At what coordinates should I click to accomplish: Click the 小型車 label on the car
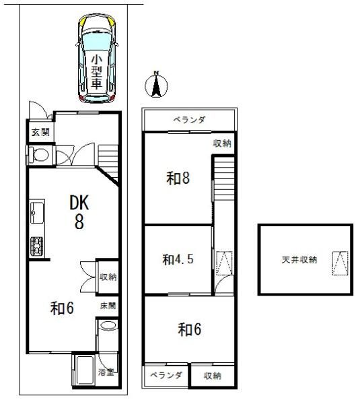pyautogui.click(x=96, y=72)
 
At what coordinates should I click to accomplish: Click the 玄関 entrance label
pyautogui.click(x=40, y=133)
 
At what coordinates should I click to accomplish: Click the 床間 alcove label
pyautogui.click(x=108, y=306)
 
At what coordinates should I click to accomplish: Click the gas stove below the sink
pyautogui.click(x=36, y=246)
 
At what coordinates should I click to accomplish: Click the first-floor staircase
pyautogui.click(x=109, y=162)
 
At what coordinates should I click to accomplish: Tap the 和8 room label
pyautogui.click(x=178, y=178)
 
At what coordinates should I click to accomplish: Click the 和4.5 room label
pyautogui.click(x=178, y=258)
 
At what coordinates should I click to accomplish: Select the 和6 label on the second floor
pyautogui.click(x=190, y=330)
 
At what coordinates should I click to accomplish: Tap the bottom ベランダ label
pyautogui.click(x=166, y=375)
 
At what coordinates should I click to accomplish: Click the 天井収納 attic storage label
pyautogui.click(x=299, y=259)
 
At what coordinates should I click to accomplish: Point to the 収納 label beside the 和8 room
pyautogui.click(x=223, y=143)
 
